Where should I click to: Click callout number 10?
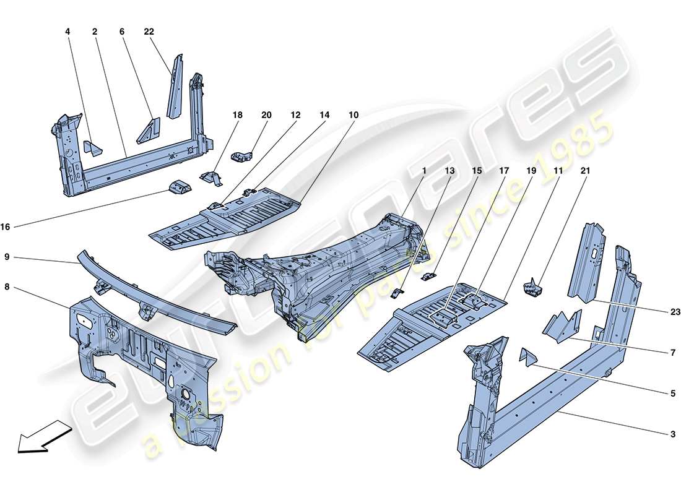[x=353, y=115]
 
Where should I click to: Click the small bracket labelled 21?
[x=533, y=288]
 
